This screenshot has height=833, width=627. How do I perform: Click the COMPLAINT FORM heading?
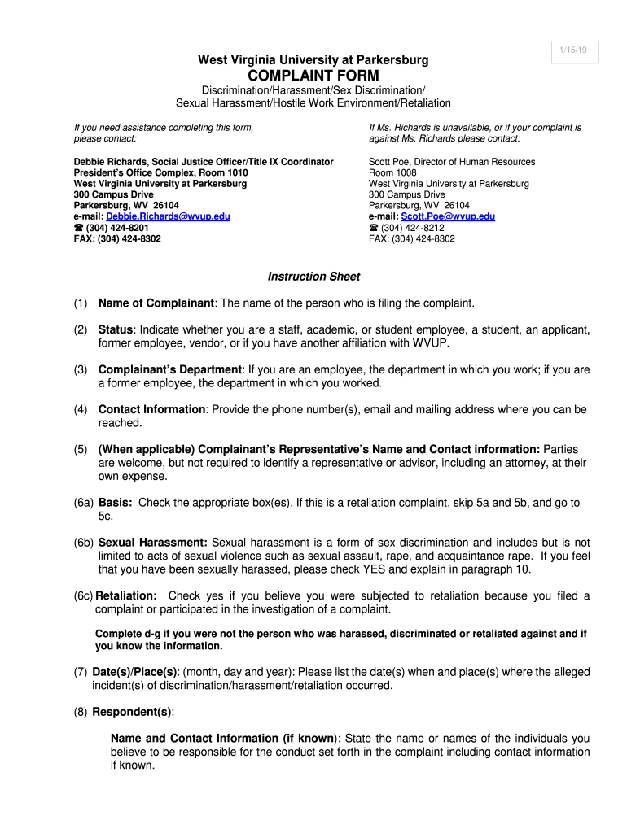[313, 76]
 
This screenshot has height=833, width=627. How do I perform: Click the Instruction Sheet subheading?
[313, 277]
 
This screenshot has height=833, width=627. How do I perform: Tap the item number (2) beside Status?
[80, 330]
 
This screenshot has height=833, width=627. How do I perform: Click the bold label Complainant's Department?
[170, 369]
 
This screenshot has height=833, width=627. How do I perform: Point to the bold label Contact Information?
[151, 410]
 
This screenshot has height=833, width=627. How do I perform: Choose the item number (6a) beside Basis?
[83, 503]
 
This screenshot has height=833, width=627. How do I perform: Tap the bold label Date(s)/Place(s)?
[134, 672]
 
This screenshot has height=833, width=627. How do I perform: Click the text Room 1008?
[392, 173]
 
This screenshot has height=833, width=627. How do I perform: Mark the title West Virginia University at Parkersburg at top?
[313, 60]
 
